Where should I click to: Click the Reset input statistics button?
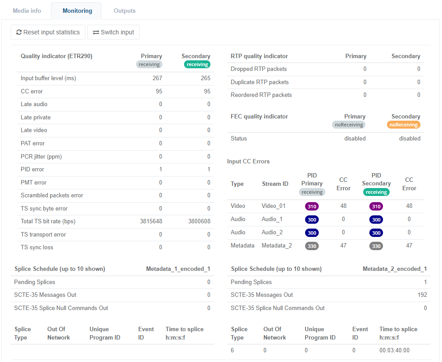click(48, 32)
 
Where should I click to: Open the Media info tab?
click(27, 11)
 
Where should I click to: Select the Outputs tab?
click(125, 11)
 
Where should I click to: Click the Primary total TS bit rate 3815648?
click(151, 221)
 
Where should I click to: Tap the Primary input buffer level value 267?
click(157, 78)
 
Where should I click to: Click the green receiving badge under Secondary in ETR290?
click(197, 64)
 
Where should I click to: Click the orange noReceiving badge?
click(404, 125)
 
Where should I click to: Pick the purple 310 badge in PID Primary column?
click(312, 206)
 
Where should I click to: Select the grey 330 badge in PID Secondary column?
click(376, 246)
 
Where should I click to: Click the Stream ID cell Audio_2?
click(272, 232)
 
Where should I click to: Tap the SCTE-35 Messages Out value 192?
click(422, 295)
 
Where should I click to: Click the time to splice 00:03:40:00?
click(394, 351)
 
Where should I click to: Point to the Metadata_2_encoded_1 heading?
click(394, 269)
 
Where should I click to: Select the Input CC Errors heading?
click(248, 161)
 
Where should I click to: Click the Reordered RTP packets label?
click(261, 95)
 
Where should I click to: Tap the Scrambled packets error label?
click(52, 195)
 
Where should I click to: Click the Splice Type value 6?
click(232, 351)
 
